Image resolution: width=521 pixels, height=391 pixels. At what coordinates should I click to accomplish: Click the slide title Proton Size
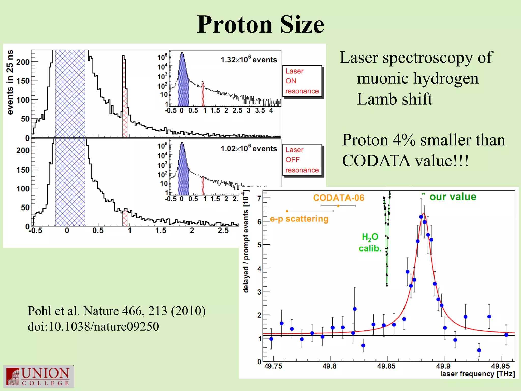pos(260,24)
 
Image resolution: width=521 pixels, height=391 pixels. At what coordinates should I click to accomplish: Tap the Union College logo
pos(38,376)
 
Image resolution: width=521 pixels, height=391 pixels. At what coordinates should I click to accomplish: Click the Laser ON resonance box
pos(302,81)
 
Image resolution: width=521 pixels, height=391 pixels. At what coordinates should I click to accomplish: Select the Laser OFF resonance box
pos(302,160)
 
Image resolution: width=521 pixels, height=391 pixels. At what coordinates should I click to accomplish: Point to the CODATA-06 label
pos(339,198)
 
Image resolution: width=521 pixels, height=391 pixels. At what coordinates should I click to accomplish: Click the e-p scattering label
pos(299,219)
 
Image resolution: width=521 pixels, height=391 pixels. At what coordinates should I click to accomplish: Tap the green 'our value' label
pos(453,197)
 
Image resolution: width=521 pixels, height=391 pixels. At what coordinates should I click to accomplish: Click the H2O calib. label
pos(370,243)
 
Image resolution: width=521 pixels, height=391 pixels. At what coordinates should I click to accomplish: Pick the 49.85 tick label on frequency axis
pos(386,366)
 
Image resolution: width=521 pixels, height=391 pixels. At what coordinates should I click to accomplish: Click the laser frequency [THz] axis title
pos(477,374)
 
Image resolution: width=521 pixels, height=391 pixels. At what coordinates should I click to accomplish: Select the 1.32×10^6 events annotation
pos(249,60)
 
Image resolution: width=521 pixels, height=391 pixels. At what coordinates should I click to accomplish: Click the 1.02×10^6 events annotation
pos(249,148)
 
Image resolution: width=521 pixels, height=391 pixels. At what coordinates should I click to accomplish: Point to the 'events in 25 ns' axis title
pos(10,82)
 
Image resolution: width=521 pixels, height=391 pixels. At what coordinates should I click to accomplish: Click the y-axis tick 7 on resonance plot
pos(259,198)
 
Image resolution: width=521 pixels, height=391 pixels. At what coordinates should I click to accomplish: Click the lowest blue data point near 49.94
pos(479,350)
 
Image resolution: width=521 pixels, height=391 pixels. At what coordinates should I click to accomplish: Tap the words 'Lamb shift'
pos(394,99)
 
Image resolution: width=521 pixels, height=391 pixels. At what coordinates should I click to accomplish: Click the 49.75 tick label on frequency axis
pos(273,366)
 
